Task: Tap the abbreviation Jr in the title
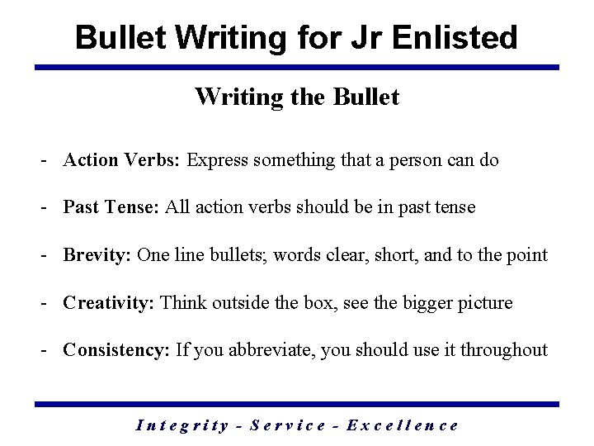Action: [x=371, y=37]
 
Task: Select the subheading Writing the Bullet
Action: [x=297, y=97]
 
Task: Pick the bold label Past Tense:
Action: [x=112, y=207]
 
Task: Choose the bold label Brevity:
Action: [x=97, y=255]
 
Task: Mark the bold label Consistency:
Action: [x=116, y=350]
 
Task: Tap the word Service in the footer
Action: [x=286, y=425]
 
